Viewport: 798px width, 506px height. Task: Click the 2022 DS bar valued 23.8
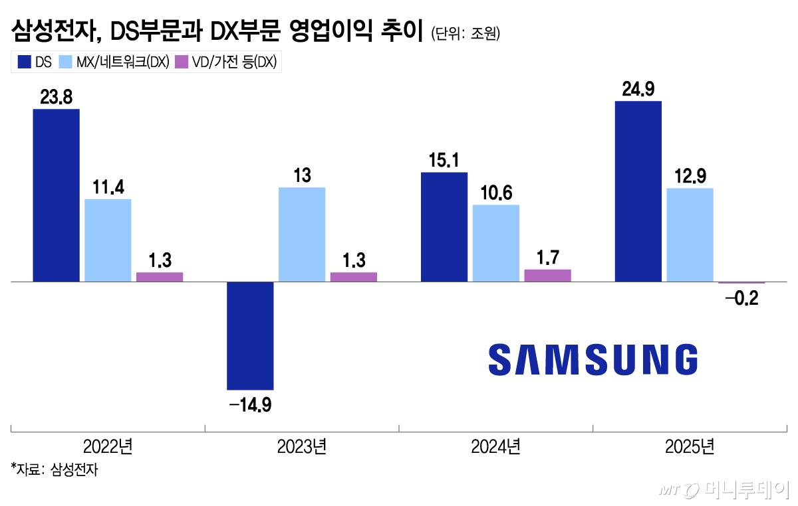pos(56,195)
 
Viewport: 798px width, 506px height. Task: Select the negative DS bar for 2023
pos(250,335)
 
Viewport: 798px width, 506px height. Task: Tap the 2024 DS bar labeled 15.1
pos(444,226)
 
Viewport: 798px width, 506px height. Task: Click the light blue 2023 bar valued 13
pos(302,234)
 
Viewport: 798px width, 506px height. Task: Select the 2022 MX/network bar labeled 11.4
pos(108,240)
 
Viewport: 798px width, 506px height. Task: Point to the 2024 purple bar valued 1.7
pos(547,275)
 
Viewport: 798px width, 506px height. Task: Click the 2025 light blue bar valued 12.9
pos(690,235)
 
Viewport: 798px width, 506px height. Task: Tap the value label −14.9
pos(250,404)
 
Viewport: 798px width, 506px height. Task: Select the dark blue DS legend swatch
pos(25,62)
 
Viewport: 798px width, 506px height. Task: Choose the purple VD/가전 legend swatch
pos(181,62)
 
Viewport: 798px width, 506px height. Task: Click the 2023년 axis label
pos(301,446)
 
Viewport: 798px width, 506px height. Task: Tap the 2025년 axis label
pos(689,446)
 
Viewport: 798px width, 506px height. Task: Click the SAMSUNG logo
pos(593,359)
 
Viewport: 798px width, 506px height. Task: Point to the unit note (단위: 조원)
pos(465,33)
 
